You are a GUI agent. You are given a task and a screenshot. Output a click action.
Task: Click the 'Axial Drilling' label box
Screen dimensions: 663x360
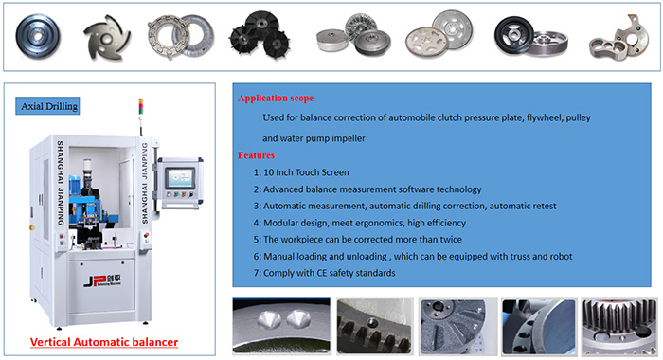[x=47, y=106]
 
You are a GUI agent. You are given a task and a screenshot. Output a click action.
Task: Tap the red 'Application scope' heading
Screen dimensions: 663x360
[x=276, y=99]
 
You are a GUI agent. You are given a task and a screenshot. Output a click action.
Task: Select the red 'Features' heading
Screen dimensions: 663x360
[x=256, y=155]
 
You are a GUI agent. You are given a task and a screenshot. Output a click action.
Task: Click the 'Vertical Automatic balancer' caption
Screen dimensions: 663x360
[x=104, y=342]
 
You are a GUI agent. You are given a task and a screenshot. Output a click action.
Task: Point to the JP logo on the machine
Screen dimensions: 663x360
[x=102, y=280]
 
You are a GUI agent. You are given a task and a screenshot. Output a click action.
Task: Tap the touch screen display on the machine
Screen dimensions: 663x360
[x=180, y=178]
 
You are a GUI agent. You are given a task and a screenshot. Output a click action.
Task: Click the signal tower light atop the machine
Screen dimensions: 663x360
[x=141, y=106]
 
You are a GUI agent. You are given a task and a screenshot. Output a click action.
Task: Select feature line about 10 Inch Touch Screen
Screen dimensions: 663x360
[x=301, y=172]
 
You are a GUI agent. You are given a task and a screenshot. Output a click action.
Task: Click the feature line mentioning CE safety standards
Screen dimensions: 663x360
[x=324, y=273]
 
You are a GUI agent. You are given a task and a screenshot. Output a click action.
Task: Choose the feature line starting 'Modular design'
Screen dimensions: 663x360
[x=359, y=223]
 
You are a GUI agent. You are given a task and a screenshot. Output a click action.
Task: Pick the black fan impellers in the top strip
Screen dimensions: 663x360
[x=260, y=34]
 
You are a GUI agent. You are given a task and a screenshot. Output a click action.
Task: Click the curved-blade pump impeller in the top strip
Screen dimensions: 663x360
[x=107, y=38]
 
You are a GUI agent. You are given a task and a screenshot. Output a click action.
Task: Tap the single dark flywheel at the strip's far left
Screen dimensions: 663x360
[x=38, y=36]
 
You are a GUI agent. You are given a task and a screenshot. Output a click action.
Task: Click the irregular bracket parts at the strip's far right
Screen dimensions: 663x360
[x=618, y=39]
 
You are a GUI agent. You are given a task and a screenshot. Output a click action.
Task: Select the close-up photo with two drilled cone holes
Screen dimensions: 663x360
[x=281, y=326]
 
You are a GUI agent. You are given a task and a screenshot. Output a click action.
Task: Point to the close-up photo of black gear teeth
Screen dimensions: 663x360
[x=375, y=326]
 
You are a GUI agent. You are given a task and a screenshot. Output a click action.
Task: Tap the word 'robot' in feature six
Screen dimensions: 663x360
[x=561, y=257]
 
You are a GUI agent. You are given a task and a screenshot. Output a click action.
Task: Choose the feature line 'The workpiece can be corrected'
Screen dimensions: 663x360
[x=358, y=240]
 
